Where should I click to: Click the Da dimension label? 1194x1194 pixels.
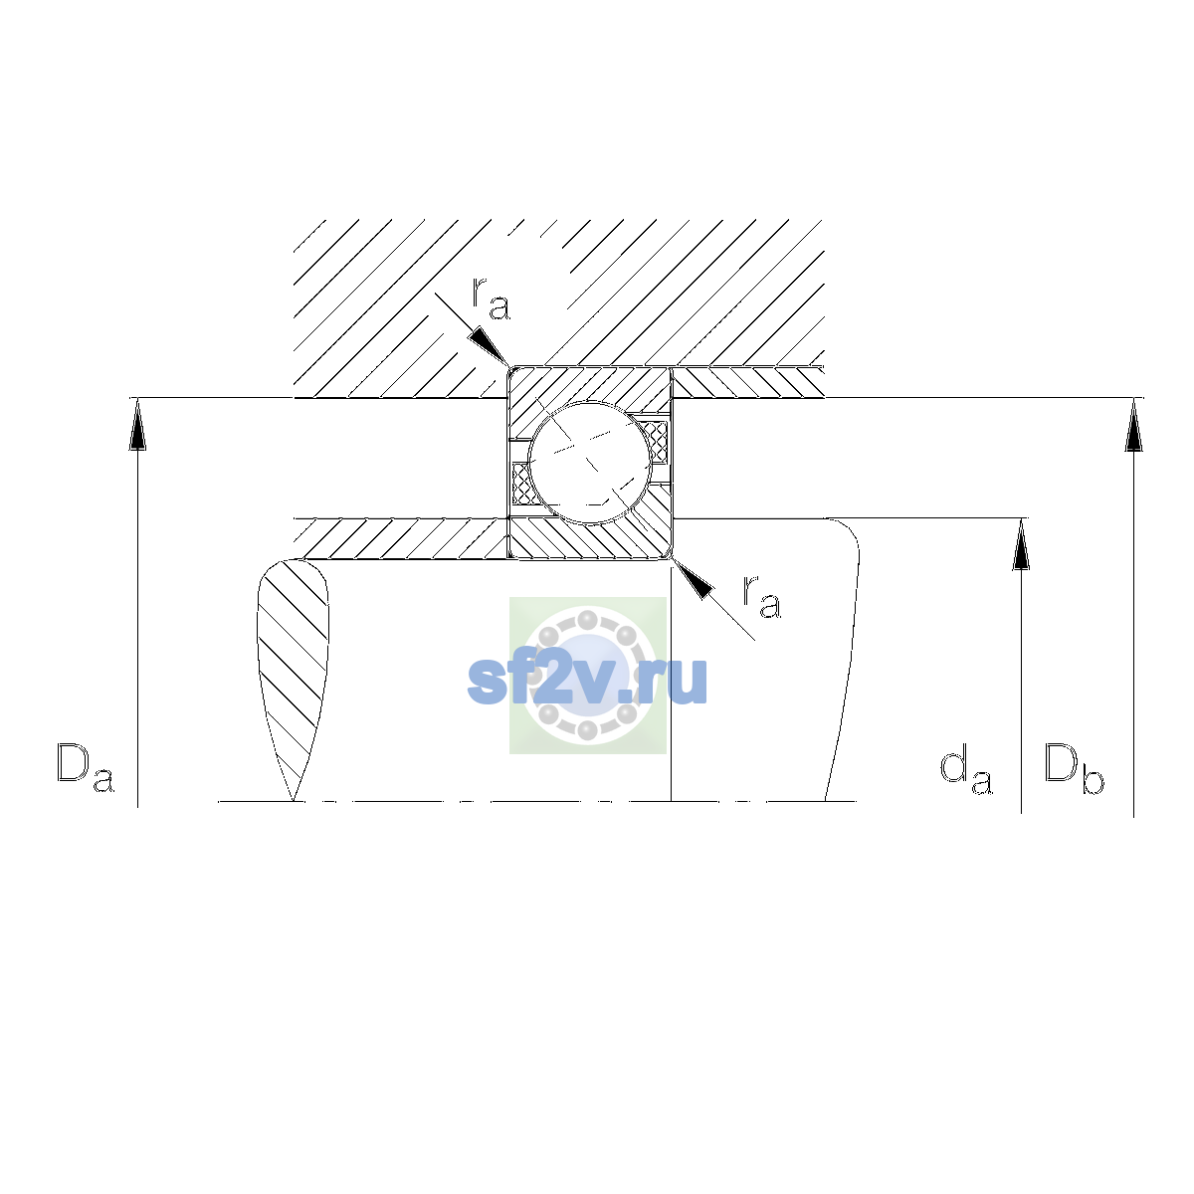click(86, 768)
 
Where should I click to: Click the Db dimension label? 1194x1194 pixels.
click(1074, 768)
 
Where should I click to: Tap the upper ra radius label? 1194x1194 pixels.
click(492, 298)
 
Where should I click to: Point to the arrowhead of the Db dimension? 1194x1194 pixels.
click(1134, 425)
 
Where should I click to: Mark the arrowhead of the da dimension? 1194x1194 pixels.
click(1021, 544)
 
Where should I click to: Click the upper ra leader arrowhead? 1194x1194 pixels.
click(490, 347)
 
